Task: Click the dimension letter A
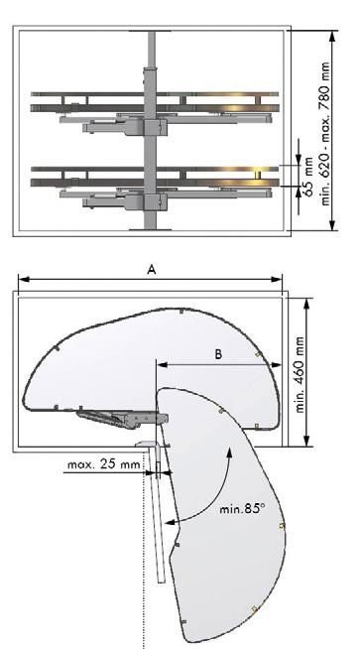(152, 270)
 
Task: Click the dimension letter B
(218, 354)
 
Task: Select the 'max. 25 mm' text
(104, 464)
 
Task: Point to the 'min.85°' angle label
(242, 508)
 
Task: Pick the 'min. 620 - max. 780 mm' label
(325, 134)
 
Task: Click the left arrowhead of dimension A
(24, 279)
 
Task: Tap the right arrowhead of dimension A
(277, 279)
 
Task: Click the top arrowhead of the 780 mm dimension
(331, 36)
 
